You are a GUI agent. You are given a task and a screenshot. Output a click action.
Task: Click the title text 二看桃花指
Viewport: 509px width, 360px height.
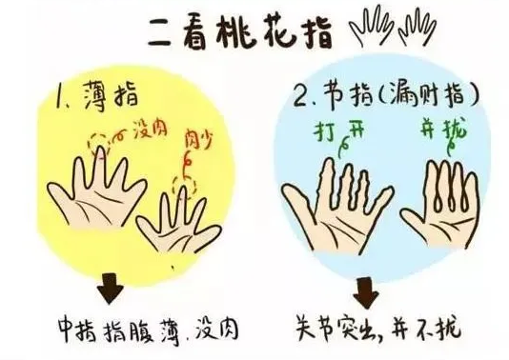(240, 32)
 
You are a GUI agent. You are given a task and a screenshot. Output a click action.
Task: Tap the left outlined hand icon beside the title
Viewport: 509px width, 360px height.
(371, 25)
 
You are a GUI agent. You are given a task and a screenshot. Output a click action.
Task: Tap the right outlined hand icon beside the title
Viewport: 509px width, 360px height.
(417, 27)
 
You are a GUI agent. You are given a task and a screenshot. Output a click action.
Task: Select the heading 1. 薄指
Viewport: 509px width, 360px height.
(96, 94)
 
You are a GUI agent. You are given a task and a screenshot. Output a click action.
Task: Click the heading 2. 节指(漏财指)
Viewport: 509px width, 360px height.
(385, 94)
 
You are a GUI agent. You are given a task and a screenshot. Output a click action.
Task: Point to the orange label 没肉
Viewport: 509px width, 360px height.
(151, 130)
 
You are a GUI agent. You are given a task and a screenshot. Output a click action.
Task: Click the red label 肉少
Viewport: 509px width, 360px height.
(198, 139)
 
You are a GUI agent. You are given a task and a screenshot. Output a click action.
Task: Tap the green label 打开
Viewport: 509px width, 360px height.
(339, 130)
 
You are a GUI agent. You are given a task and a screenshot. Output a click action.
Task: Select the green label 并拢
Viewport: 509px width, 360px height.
(443, 129)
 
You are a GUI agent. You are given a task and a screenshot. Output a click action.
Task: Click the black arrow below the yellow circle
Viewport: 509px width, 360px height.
(110, 288)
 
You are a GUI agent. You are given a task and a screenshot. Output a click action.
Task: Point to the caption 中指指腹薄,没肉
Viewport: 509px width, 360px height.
(149, 330)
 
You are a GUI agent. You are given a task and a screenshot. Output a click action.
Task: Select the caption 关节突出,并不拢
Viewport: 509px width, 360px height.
(377, 326)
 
